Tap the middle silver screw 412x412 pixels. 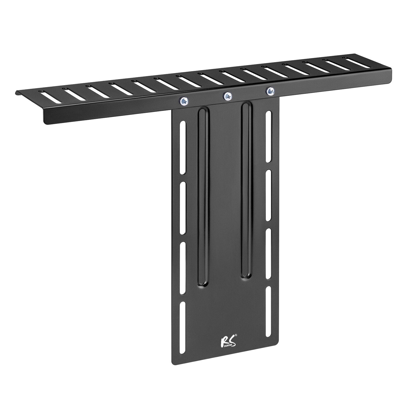tap(228, 96)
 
